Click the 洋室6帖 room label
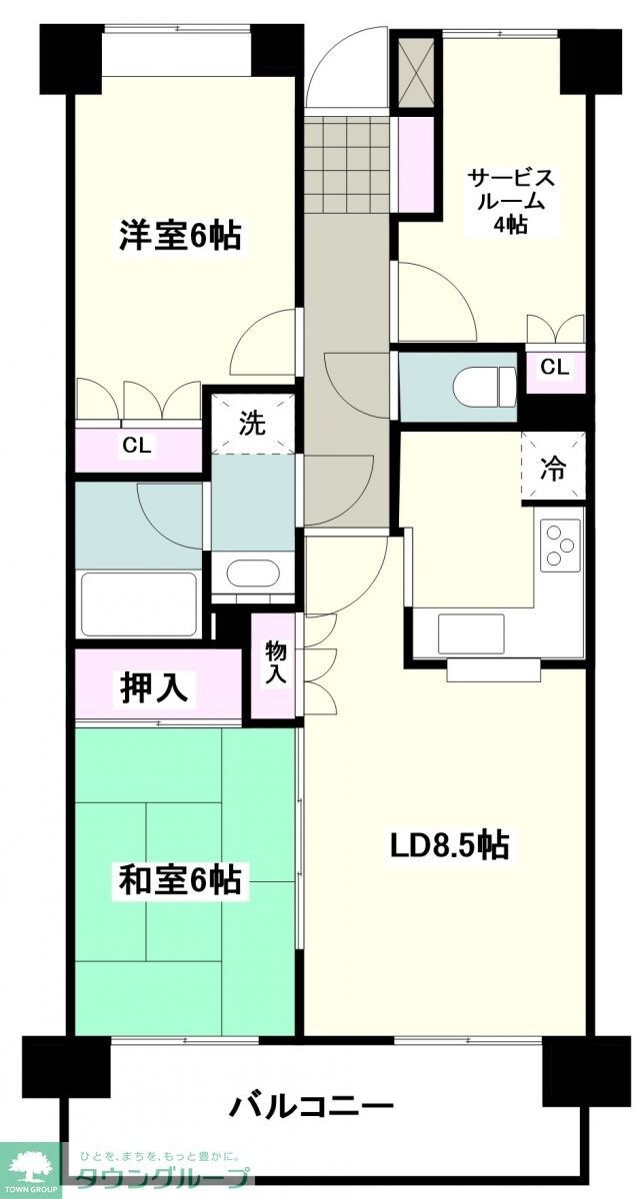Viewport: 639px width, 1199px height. click(x=180, y=236)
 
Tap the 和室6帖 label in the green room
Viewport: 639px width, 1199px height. click(x=180, y=881)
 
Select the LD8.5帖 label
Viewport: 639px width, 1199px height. click(x=449, y=845)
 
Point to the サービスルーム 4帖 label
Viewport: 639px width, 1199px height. click(x=511, y=201)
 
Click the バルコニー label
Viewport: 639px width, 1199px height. click(x=311, y=1106)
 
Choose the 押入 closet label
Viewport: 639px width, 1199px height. click(x=155, y=686)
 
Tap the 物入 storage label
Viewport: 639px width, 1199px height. click(x=276, y=662)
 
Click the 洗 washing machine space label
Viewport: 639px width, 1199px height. click(x=252, y=424)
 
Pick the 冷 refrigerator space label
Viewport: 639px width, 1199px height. click(x=552, y=469)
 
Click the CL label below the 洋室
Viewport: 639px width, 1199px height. click(x=137, y=447)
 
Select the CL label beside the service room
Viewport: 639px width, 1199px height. click(x=554, y=368)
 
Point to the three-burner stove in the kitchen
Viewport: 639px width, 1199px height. click(x=561, y=547)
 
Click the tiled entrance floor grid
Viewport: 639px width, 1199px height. click(x=346, y=159)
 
